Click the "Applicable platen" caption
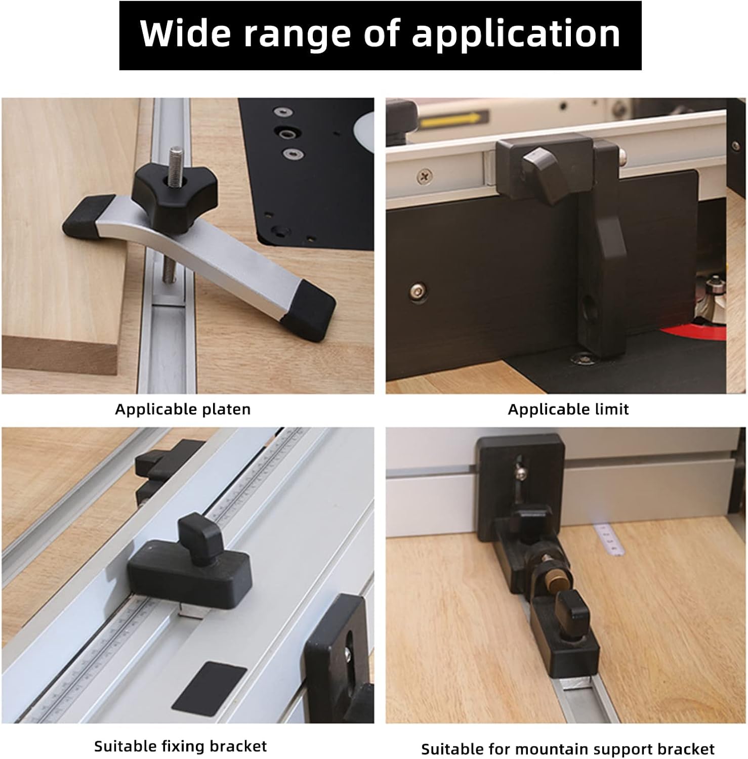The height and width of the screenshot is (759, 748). click(183, 409)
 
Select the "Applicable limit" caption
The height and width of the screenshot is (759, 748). click(568, 409)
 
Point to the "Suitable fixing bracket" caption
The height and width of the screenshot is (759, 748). click(180, 746)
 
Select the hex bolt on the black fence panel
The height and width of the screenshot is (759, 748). click(419, 290)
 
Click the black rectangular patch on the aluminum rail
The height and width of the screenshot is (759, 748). click(209, 687)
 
